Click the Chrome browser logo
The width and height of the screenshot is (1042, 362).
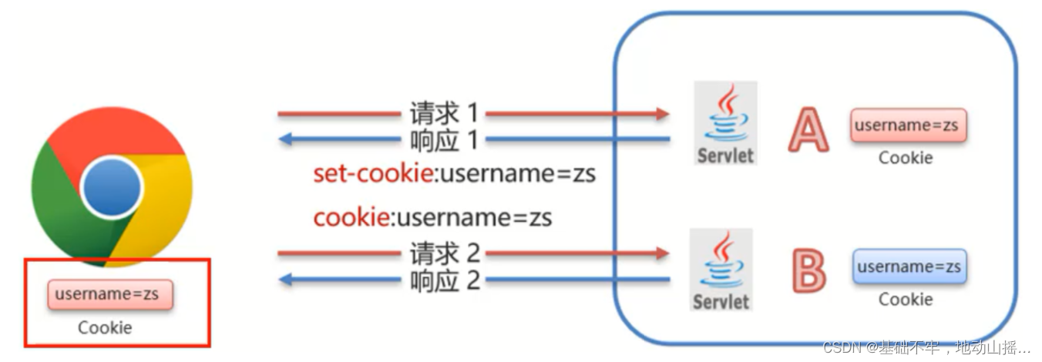click(112, 187)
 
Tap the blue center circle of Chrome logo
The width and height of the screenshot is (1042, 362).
click(112, 187)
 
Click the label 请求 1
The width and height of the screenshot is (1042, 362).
click(443, 114)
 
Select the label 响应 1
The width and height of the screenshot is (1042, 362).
click(443, 139)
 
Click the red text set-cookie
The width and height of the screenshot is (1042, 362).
click(372, 174)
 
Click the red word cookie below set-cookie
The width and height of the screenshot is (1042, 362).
click(351, 217)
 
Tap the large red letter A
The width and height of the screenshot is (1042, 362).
click(808, 129)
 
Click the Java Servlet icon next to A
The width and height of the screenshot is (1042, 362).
click(724, 123)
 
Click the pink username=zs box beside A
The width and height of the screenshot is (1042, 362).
click(906, 125)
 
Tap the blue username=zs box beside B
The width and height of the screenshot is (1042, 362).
click(909, 266)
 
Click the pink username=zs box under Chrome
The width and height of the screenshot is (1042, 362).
click(110, 294)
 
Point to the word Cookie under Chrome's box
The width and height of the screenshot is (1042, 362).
click(105, 327)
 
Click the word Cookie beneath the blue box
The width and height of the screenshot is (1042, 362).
click(906, 299)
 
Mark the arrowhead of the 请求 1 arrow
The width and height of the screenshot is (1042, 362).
click(662, 114)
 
